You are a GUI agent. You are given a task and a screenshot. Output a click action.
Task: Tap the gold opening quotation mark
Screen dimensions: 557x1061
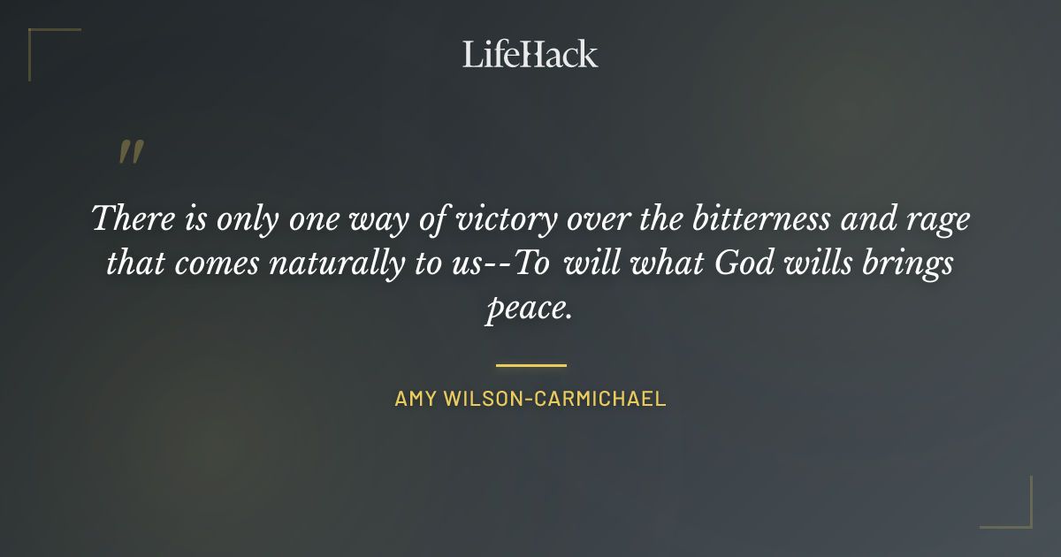[131, 153]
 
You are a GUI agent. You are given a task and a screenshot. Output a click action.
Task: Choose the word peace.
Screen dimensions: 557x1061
[529, 310]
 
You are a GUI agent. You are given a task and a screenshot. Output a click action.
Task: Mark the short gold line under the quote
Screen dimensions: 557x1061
[530, 364]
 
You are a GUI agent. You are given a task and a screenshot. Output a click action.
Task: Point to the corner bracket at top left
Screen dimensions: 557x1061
[41, 41]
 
